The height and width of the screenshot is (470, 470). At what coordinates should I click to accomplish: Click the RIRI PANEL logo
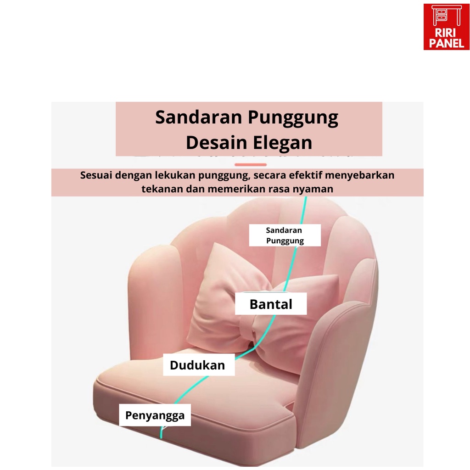click(446, 27)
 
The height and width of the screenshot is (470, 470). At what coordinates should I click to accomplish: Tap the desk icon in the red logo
click(446, 15)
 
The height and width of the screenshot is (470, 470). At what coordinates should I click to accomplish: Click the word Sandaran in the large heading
click(198, 117)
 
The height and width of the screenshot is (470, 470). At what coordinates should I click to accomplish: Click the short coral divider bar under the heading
click(251, 165)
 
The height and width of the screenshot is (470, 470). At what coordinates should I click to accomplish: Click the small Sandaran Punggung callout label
click(285, 235)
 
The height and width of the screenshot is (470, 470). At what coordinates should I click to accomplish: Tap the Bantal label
click(271, 304)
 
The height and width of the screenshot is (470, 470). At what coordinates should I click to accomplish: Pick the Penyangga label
click(155, 415)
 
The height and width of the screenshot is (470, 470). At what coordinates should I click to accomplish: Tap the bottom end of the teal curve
click(161, 438)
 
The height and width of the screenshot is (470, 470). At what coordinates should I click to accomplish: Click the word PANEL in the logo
click(446, 44)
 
